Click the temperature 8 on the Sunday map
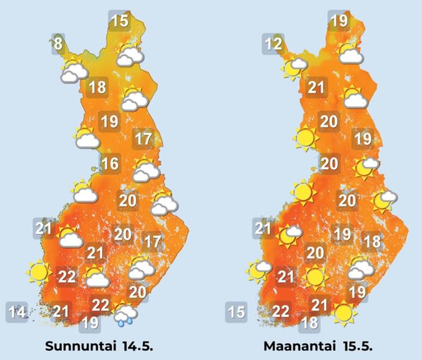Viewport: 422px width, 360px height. coord(58,43)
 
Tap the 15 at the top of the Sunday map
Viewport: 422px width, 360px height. coord(120,21)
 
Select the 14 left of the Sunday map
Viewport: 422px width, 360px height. coord(17,312)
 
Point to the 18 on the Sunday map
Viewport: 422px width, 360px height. coord(97,87)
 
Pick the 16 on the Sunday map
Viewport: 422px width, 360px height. coord(109,163)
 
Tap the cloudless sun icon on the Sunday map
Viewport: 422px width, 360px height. coord(39,273)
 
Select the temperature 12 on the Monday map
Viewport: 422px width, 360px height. coord(274,43)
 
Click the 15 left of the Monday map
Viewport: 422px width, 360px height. coord(236,312)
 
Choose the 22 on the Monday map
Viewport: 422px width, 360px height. coord(281,312)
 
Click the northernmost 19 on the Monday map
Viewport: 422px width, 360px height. coord(339,21)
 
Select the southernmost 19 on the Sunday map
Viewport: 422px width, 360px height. coord(90,323)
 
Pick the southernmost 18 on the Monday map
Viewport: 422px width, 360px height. coord(310,323)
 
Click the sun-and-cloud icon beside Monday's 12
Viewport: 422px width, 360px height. coord(295,66)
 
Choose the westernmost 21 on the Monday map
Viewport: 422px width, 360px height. coord(263,229)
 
